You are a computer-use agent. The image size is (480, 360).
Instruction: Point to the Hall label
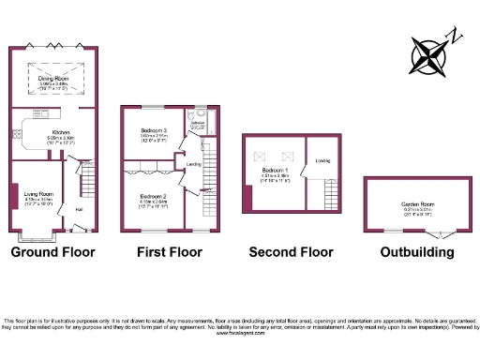click(79, 208)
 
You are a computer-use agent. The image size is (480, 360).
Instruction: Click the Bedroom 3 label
click(154, 130)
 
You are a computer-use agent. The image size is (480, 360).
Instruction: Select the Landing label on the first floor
click(194, 164)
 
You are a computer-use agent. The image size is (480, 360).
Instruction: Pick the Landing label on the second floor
click(322, 160)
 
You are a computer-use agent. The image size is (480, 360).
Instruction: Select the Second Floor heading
click(291, 252)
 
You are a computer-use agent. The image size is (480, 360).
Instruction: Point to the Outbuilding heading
click(413, 252)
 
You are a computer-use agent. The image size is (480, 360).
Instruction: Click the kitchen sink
click(16, 134)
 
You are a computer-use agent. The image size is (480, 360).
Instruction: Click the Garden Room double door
click(442, 234)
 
